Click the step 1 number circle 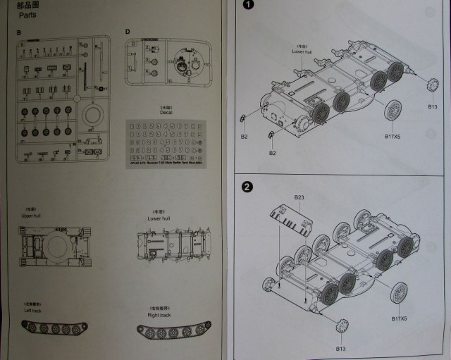click(x=247, y=7)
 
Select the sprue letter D click(x=127, y=32)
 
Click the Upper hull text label click(x=33, y=216)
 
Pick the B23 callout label click(x=298, y=197)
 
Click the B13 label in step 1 click(x=433, y=106)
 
